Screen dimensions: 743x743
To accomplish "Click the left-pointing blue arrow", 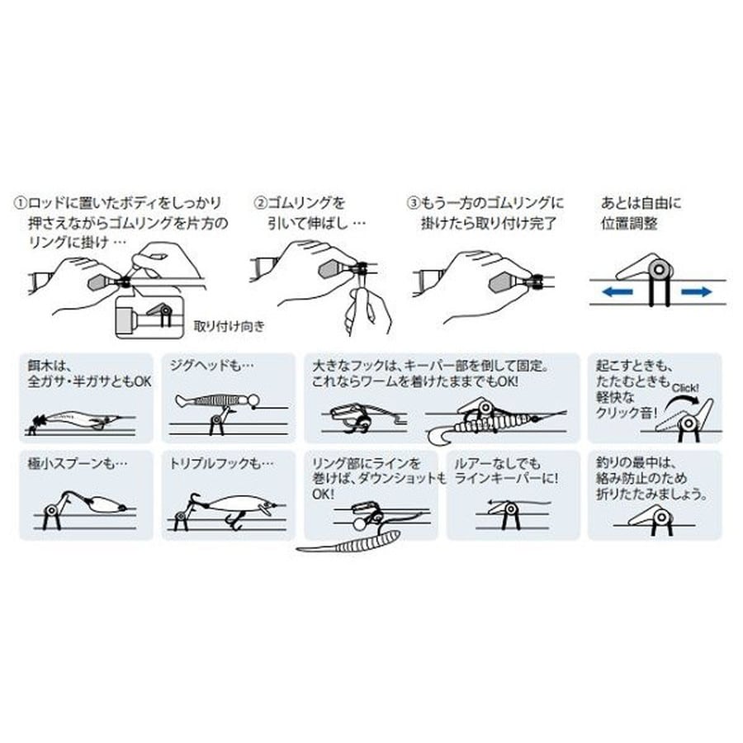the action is tap(617, 292).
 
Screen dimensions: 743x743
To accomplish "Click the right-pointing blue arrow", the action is tap(697, 292).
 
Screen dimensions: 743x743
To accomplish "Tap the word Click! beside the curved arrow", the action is tap(685, 389).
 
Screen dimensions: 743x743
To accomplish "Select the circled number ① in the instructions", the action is tap(20, 203).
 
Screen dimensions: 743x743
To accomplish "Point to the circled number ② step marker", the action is tap(260, 203).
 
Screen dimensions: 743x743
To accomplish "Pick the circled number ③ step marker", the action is tap(414, 203).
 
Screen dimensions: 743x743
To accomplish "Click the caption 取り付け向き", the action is tap(230, 326).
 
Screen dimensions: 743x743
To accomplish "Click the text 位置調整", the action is tap(629, 223).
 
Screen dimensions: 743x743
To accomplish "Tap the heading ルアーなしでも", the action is tap(497, 463).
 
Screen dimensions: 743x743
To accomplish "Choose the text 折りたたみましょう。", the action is tap(652, 495).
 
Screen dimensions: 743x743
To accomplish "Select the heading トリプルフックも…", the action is tap(222, 463).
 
